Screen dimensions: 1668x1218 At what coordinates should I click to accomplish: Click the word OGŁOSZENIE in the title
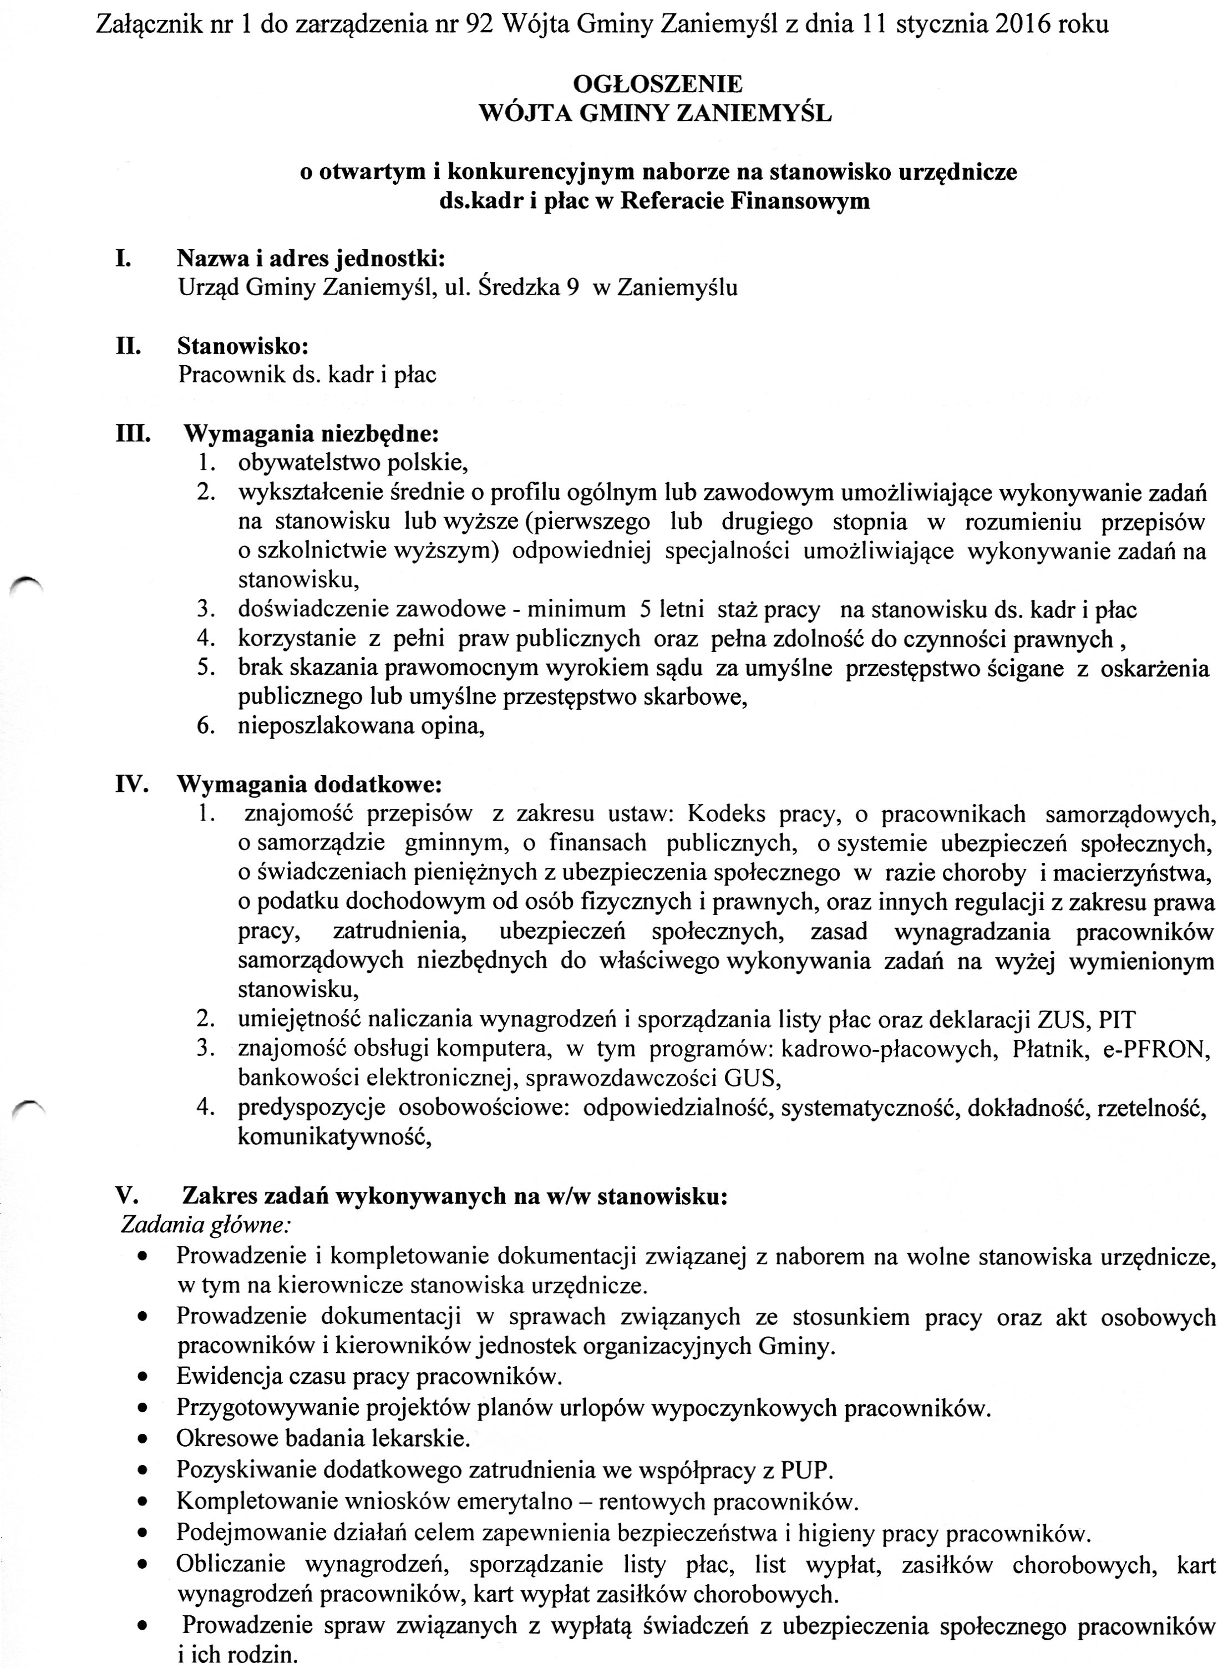tap(657, 84)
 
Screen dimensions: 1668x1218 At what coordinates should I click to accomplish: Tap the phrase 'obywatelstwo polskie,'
tap(353, 463)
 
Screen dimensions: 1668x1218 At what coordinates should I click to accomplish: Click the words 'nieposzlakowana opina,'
tap(361, 726)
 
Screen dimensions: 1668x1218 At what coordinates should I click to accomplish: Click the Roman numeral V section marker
tap(125, 1195)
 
